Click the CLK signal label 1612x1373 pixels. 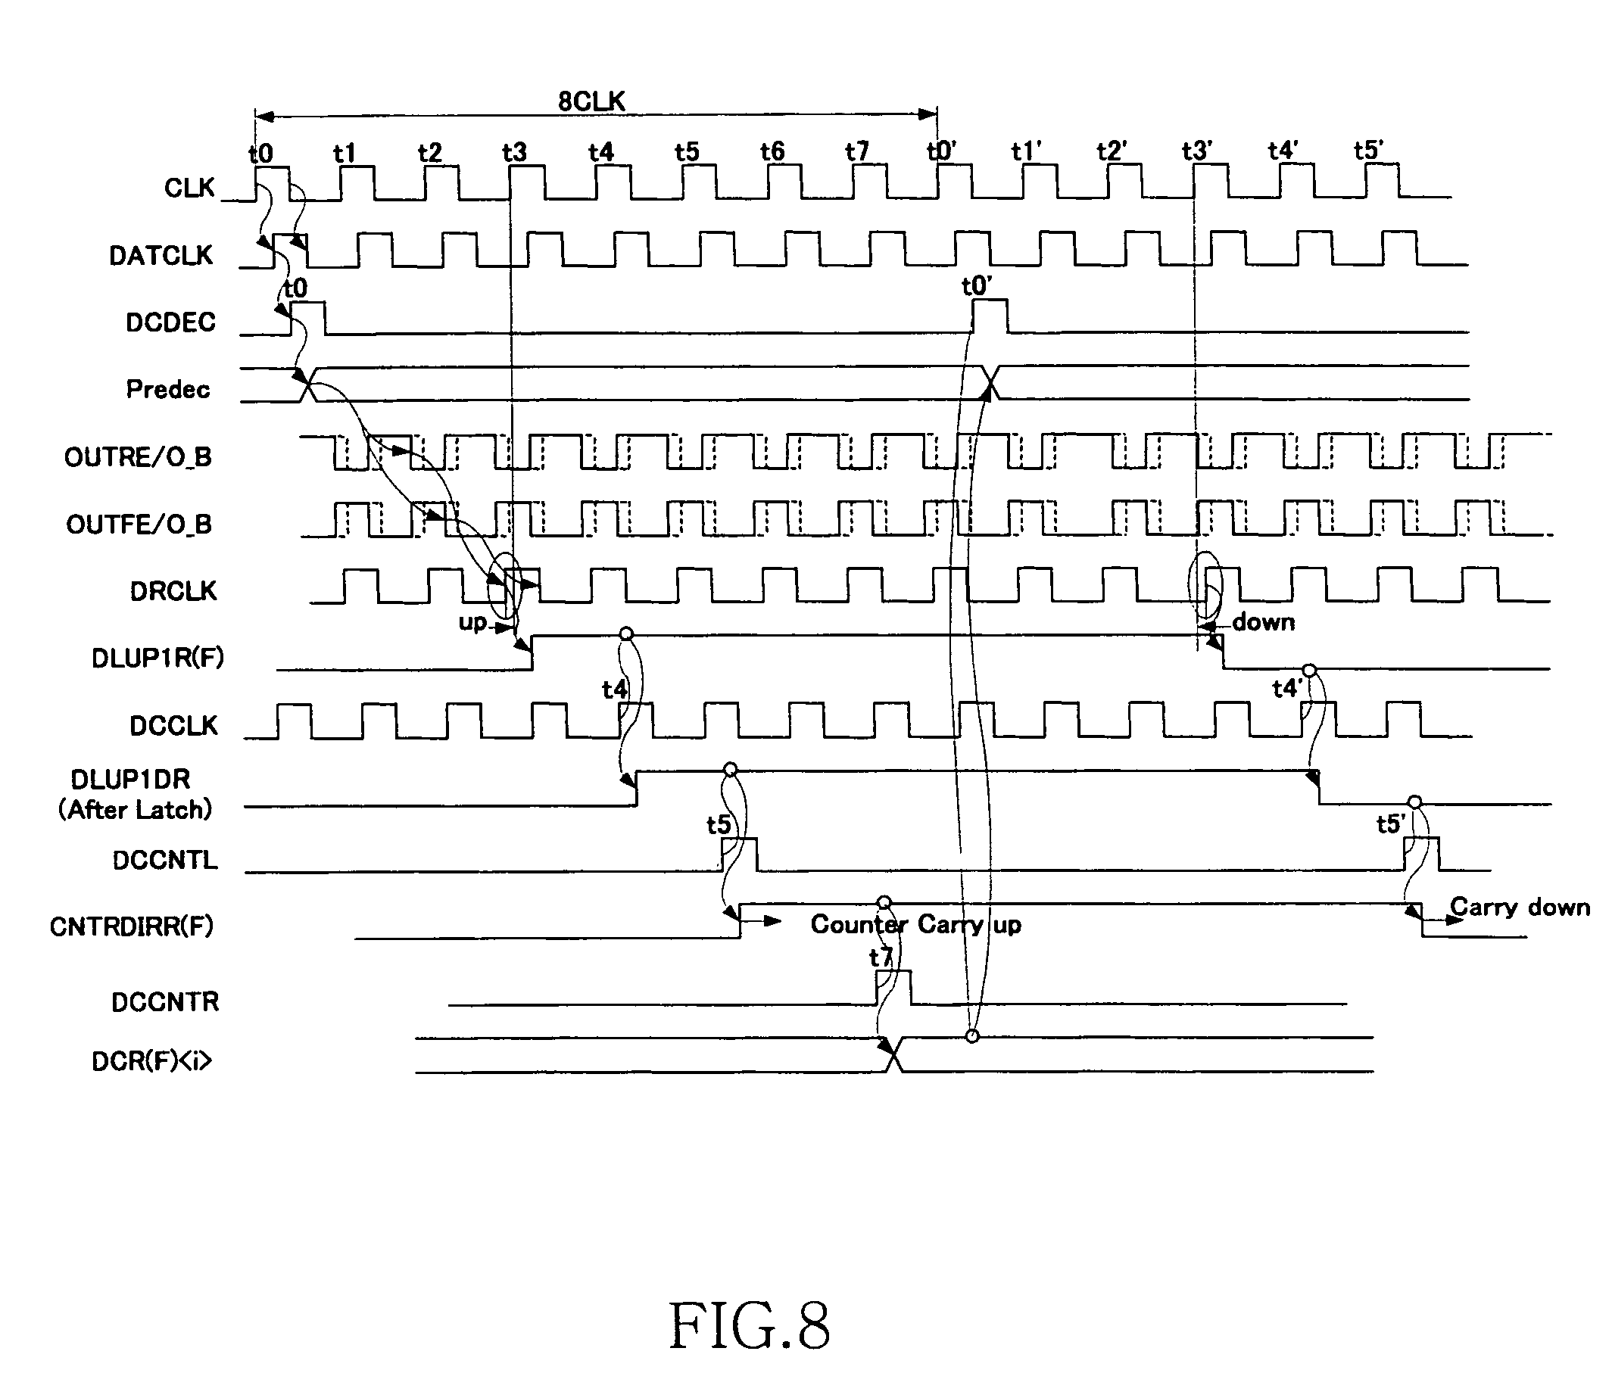click(x=189, y=188)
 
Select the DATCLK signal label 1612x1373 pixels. click(x=161, y=256)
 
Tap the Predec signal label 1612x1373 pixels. click(x=168, y=389)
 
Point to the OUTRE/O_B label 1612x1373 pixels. click(x=138, y=457)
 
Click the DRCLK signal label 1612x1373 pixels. click(x=173, y=592)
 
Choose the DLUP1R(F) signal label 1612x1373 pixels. click(x=157, y=659)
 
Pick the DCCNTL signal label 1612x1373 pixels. click(x=165, y=861)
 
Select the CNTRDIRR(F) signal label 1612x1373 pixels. click(x=132, y=927)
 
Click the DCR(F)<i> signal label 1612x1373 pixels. click(x=151, y=1062)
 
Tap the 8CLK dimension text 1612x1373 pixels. click(x=591, y=102)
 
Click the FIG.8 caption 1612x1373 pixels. click(x=749, y=1326)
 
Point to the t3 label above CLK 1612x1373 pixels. click(x=513, y=152)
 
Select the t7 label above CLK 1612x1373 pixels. click(x=856, y=151)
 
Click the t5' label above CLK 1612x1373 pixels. click(x=1368, y=151)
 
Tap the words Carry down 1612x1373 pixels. click(x=1520, y=908)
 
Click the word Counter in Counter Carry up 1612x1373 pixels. click(x=859, y=924)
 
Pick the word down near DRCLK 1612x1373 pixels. click(x=1264, y=622)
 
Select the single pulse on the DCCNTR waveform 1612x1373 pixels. click(x=893, y=988)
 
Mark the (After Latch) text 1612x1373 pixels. click(x=136, y=811)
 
